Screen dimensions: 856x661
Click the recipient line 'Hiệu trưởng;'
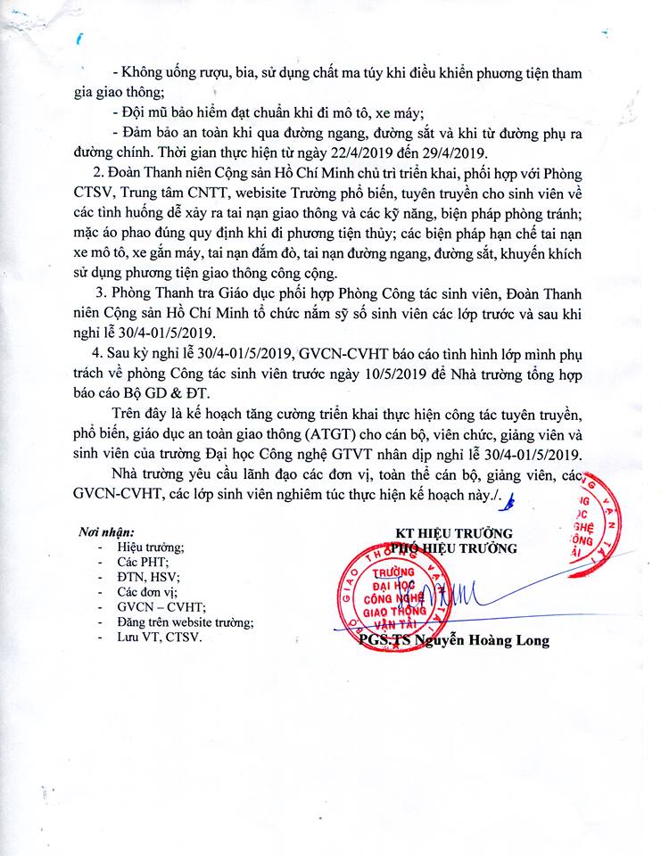[151, 547]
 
